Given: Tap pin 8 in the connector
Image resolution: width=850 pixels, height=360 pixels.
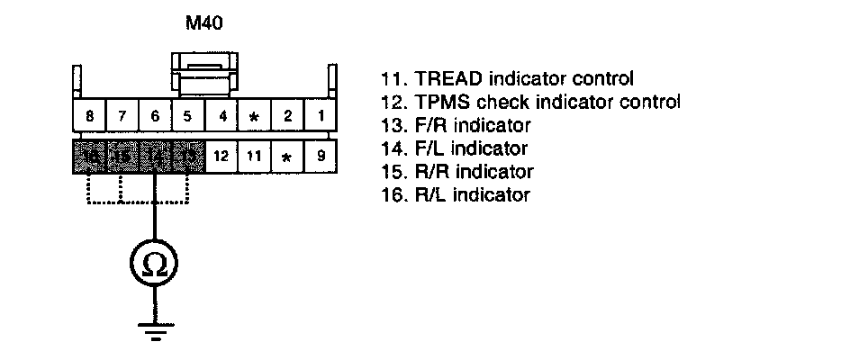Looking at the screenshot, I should (89, 116).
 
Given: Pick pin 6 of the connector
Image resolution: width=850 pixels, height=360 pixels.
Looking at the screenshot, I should (155, 116).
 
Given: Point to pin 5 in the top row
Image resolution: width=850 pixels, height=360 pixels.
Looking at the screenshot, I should (187, 116).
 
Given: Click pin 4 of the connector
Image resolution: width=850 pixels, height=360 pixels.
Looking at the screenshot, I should (221, 116).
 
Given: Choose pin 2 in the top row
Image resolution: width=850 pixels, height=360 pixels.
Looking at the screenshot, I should (287, 116).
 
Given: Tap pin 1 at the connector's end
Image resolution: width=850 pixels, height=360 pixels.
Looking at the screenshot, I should (321, 116).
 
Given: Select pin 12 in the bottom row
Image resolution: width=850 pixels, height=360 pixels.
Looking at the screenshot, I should (221, 156).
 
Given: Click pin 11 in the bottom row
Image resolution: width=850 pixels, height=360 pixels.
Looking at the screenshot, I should (254, 156).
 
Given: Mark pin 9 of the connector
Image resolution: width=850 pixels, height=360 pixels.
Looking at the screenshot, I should (321, 156).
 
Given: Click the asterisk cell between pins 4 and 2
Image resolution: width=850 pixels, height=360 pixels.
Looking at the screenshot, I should (254, 117).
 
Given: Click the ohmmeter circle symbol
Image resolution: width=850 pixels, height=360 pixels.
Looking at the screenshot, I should (155, 264).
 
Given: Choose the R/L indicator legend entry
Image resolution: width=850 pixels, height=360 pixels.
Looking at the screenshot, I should (454, 194).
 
